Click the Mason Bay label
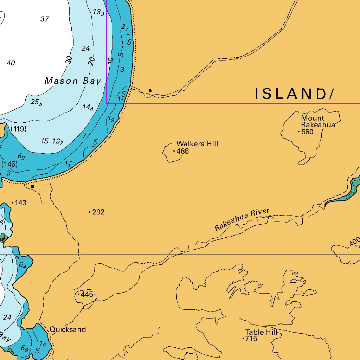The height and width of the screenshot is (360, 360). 73,81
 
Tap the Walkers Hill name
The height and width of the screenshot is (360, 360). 197,144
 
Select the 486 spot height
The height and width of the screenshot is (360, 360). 182,152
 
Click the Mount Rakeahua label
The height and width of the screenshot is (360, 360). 318,121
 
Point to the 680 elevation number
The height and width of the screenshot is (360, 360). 307,132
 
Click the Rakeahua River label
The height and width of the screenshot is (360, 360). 242,220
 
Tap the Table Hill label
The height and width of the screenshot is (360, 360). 261,332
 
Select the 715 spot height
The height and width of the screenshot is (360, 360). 251,339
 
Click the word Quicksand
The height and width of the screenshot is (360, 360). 67,329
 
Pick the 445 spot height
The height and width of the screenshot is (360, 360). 86,294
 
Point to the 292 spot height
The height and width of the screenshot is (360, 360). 98,212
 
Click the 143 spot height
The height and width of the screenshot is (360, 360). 21,203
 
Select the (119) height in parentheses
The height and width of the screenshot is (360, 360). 19,129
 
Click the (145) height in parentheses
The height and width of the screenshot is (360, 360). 9,164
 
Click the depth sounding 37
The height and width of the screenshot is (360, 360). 44,19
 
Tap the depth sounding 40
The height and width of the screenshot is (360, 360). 11,63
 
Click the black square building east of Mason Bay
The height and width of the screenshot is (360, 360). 150,91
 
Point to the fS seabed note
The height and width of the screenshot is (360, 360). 45,141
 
